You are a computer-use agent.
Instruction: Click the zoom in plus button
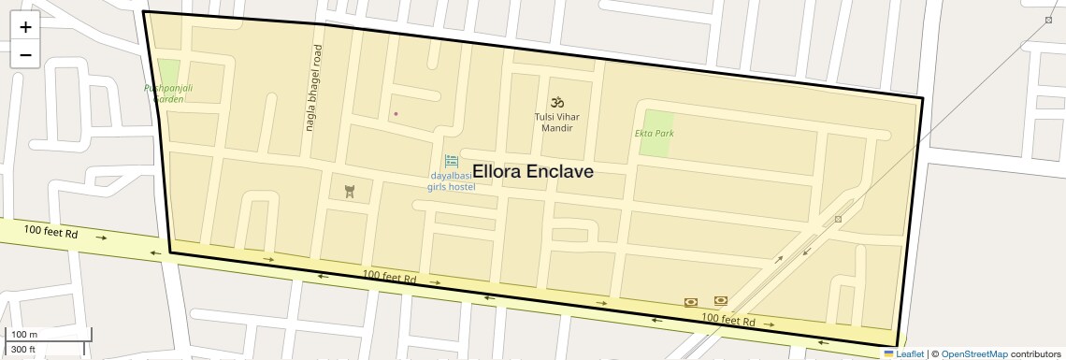coord(25,26)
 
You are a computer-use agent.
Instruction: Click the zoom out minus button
coord(25,54)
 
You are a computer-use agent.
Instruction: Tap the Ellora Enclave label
coord(533,172)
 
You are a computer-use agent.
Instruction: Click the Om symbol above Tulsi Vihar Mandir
coord(557,101)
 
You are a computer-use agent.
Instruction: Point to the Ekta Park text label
coord(655,134)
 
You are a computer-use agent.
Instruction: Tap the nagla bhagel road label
coord(314,88)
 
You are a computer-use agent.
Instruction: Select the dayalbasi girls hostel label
coord(452,181)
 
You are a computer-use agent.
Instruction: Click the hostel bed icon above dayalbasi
coord(452,161)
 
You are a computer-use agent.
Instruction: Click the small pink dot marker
coord(396,114)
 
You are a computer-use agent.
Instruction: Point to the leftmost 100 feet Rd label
coord(50,231)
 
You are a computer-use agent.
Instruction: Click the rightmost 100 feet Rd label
coord(727,320)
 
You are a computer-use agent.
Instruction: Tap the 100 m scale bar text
coord(24,335)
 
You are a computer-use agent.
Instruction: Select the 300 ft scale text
coord(23,350)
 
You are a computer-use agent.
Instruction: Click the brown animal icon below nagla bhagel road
coord(350,192)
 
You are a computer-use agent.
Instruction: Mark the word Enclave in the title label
coord(560,172)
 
